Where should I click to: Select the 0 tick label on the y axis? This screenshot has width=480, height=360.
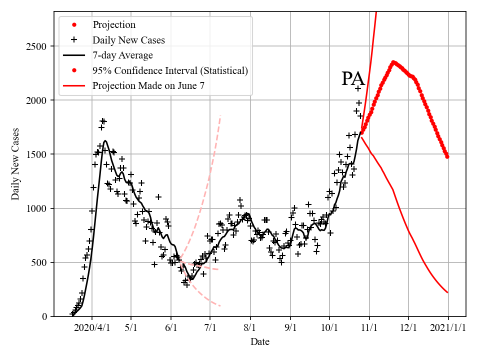click(x=44, y=316)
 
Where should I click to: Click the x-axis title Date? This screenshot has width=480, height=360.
click(x=260, y=342)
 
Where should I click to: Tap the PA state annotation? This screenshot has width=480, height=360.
click(x=353, y=79)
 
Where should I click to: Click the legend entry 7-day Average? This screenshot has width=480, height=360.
click(x=122, y=55)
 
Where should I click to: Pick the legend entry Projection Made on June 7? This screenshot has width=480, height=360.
click(x=148, y=86)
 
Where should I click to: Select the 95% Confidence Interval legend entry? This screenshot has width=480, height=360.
click(x=170, y=70)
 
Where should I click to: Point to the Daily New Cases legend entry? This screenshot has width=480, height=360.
click(x=128, y=40)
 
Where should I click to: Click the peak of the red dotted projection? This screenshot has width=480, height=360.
click(x=393, y=62)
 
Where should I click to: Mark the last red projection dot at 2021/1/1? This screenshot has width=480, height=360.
click(x=447, y=156)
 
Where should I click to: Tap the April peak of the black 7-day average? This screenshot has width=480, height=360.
click(x=105, y=141)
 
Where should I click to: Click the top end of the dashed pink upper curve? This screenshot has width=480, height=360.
click(x=220, y=116)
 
